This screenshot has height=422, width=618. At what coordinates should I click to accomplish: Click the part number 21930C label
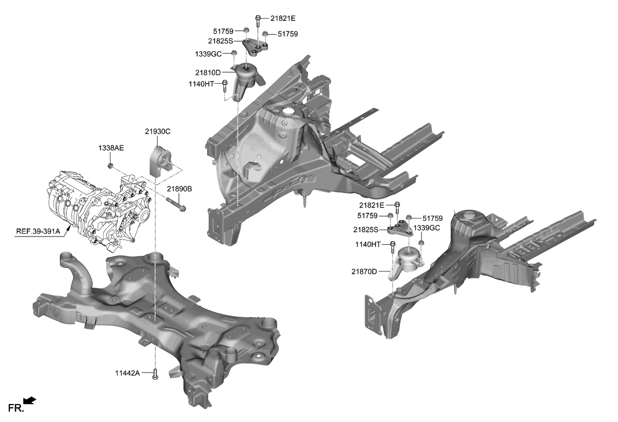pyautogui.click(x=158, y=131)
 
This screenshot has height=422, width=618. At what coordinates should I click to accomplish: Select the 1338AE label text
pyautogui.click(x=110, y=149)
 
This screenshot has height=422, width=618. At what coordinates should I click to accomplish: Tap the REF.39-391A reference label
pyautogui.click(x=38, y=231)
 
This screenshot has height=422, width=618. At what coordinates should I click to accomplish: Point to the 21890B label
pyautogui.click(x=179, y=189)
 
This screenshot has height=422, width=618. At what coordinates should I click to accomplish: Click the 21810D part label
pyautogui.click(x=208, y=73)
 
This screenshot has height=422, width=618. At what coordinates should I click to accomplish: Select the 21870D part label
pyautogui.click(x=364, y=271)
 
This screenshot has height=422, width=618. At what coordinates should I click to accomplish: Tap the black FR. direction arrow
pyautogui.click(x=30, y=400)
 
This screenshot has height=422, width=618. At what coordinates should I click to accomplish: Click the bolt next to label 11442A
pyautogui.click(x=155, y=375)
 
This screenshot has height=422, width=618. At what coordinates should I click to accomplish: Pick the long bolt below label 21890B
pyautogui.click(x=176, y=205)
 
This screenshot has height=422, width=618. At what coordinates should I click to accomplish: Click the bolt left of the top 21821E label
pyautogui.click(x=257, y=20)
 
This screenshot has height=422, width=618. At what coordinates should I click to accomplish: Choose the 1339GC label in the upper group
pyautogui.click(x=208, y=53)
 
